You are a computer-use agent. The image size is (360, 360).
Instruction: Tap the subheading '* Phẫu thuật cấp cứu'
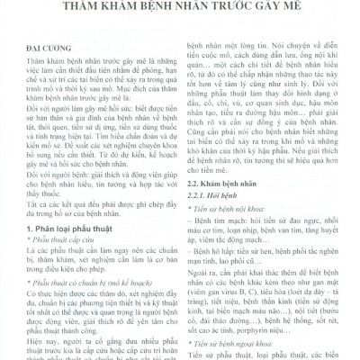click(x=53, y=247)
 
